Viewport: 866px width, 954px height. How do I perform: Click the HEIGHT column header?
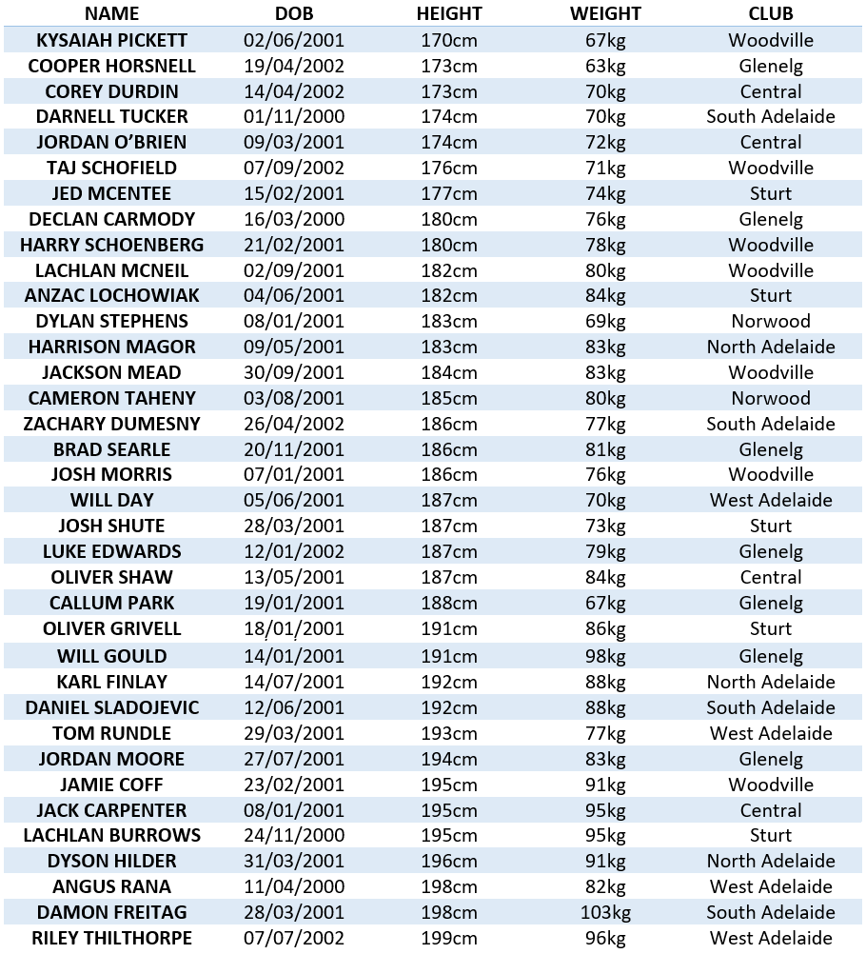click(449, 13)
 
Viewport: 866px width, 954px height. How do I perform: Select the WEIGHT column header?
click(605, 13)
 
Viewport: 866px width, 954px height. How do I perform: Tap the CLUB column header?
click(771, 13)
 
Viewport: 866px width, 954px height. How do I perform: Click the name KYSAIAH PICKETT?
click(111, 40)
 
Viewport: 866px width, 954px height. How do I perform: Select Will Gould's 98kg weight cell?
click(605, 656)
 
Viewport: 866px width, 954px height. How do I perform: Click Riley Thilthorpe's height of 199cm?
click(449, 938)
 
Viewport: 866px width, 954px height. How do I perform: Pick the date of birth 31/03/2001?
click(293, 861)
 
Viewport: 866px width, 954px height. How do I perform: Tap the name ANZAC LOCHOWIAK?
click(111, 295)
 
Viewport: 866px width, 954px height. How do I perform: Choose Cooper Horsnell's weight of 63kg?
click(605, 66)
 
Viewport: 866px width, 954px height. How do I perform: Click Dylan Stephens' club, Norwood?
click(771, 321)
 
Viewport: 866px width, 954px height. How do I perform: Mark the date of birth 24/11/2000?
click(293, 835)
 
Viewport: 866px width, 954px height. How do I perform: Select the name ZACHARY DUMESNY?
click(111, 424)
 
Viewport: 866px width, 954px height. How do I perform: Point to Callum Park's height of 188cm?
click(449, 603)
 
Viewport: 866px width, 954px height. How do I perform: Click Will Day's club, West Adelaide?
click(771, 500)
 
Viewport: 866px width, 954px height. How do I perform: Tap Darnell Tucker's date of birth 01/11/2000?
click(293, 116)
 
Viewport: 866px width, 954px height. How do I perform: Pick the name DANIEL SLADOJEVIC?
click(111, 707)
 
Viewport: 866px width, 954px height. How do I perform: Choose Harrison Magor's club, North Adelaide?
click(771, 347)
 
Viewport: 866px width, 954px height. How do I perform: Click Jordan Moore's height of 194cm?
click(449, 759)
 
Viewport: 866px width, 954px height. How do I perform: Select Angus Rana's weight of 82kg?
click(605, 886)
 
